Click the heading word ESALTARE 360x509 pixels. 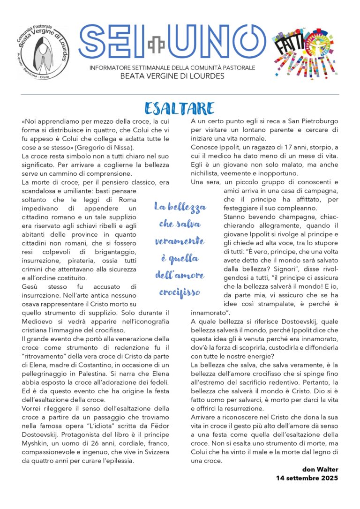(x=180, y=108)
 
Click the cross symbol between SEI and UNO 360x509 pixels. (x=153, y=45)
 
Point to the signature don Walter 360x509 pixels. (x=319, y=470)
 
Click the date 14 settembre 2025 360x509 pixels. (x=307, y=478)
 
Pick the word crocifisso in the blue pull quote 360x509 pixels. (x=180, y=292)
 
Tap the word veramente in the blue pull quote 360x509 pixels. (x=180, y=241)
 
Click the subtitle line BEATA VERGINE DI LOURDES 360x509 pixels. (x=172, y=76)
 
